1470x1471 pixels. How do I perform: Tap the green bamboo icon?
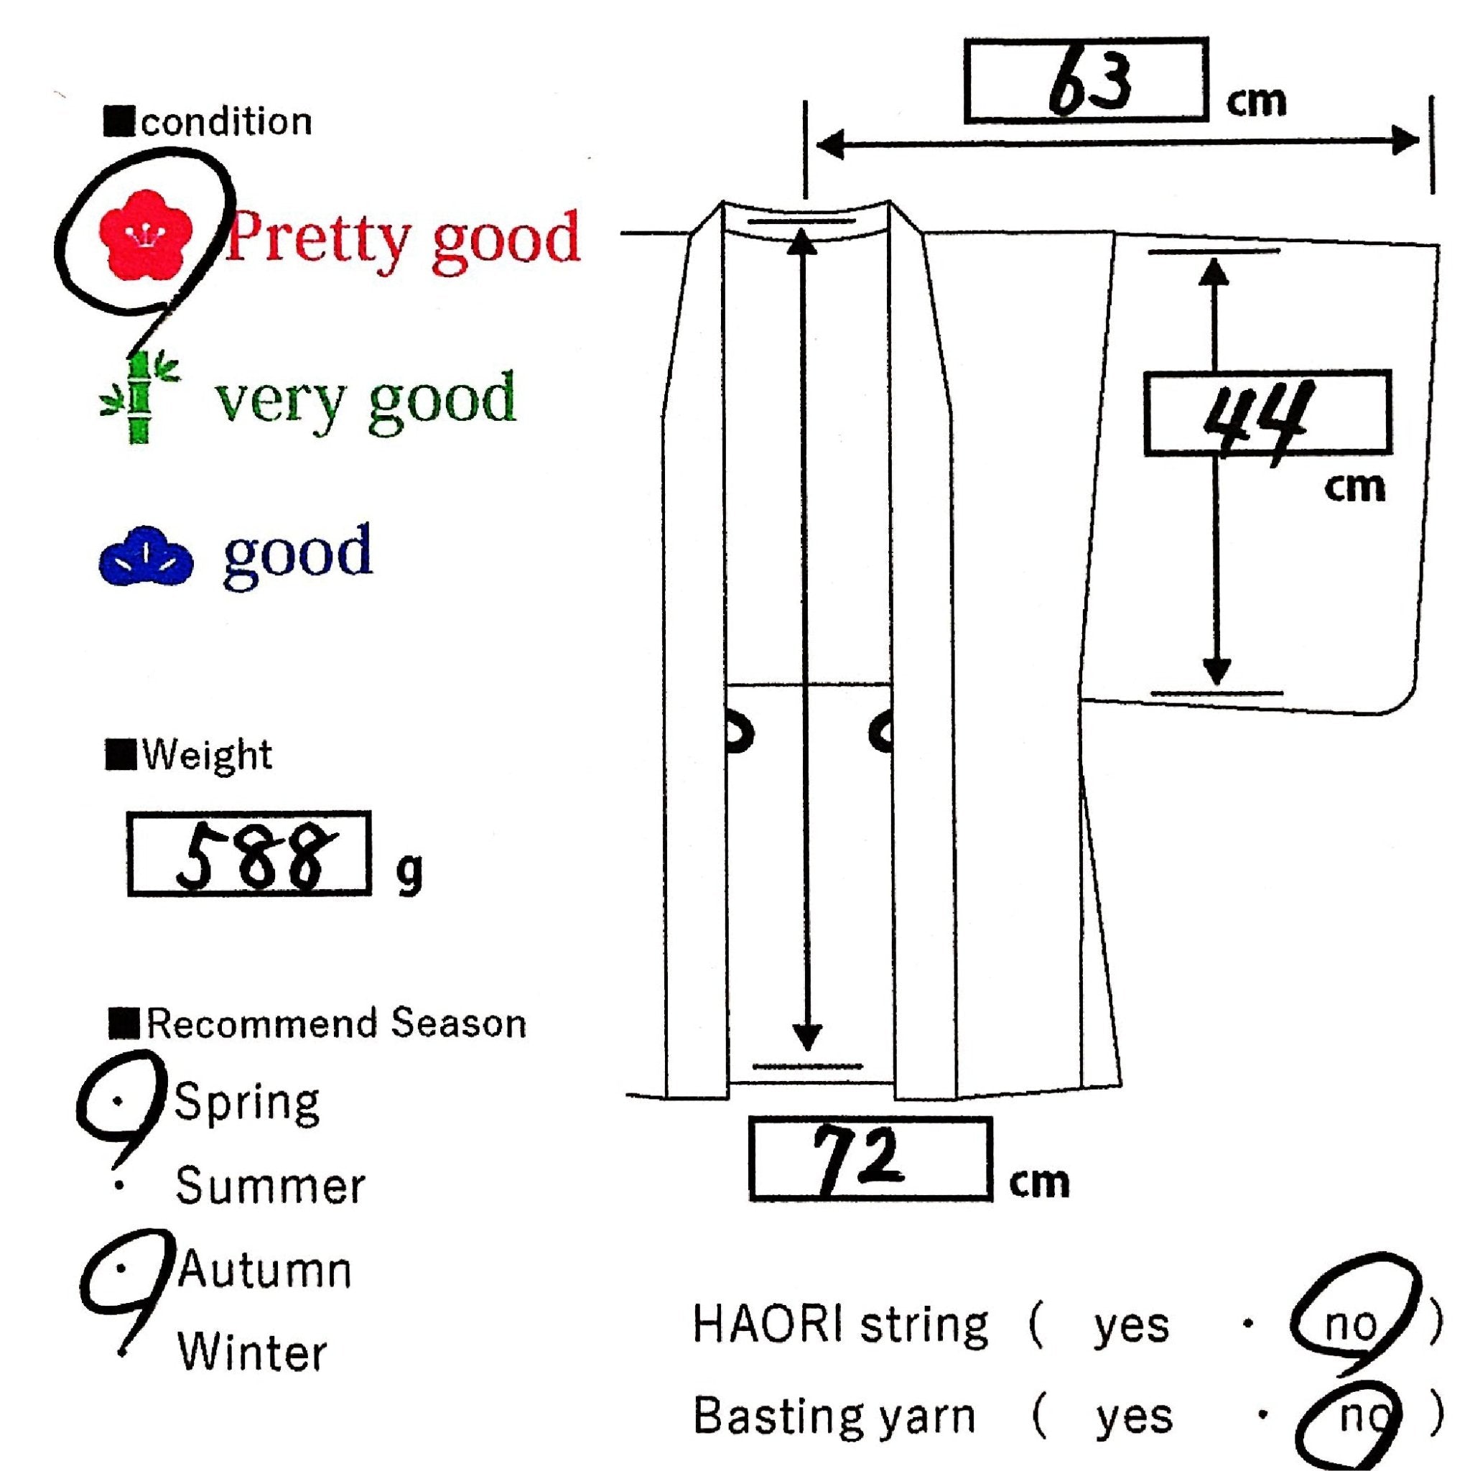[140, 397]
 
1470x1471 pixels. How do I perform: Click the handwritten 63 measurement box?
[1087, 80]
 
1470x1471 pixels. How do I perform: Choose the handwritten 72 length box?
[870, 1159]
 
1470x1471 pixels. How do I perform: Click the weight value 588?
[250, 854]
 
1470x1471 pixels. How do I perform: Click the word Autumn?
[265, 1270]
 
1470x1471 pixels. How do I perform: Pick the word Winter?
[252, 1353]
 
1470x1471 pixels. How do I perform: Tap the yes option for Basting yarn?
[1133, 1418]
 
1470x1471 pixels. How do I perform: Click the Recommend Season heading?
[335, 1024]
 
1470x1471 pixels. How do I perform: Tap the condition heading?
[225, 123]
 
